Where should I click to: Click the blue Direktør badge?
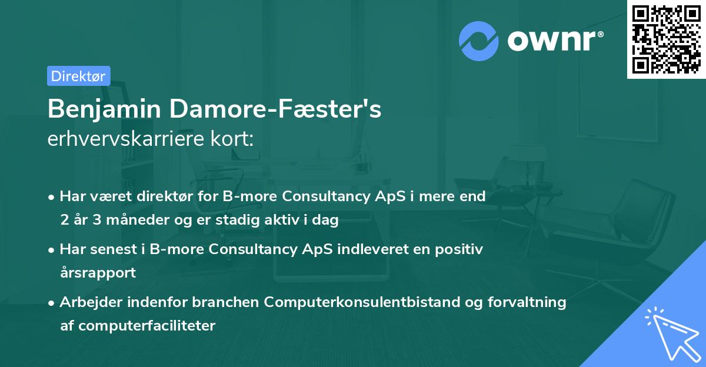[79, 76]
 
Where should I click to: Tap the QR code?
[667, 39]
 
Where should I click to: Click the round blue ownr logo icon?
[479, 41]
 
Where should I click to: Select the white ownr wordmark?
[555, 41]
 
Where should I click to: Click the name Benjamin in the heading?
[104, 109]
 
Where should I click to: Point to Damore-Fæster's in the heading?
[275, 109]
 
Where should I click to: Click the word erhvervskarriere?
[126, 138]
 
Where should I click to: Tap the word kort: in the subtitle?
[232, 138]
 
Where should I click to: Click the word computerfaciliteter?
[147, 325]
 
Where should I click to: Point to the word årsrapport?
[98, 273]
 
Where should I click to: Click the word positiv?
[459, 249]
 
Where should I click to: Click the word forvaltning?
[527, 302]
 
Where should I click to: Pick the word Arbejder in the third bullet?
[91, 302]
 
